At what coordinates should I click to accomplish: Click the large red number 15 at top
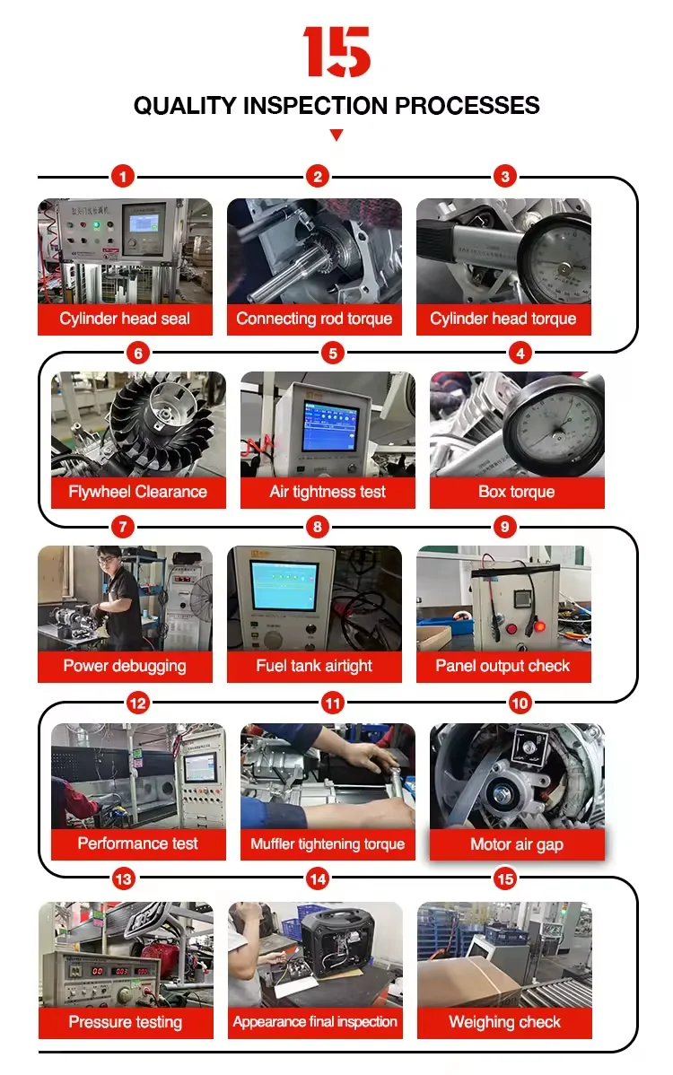point(336,51)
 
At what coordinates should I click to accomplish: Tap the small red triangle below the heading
point(336,135)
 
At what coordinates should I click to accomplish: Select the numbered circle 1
point(123,176)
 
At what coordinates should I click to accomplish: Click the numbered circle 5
point(333,353)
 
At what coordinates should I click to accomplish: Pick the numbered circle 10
point(520,704)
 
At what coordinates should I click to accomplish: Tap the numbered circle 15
point(505,879)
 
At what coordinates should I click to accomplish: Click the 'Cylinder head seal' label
point(125,319)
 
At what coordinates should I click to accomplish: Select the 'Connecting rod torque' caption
point(314,319)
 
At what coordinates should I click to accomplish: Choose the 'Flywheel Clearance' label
point(138,492)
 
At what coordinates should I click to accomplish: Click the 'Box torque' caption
point(517,492)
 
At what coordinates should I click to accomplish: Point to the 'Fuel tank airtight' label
point(314,666)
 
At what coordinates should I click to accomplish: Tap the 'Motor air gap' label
point(517,844)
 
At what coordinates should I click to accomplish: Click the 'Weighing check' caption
point(504,1022)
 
